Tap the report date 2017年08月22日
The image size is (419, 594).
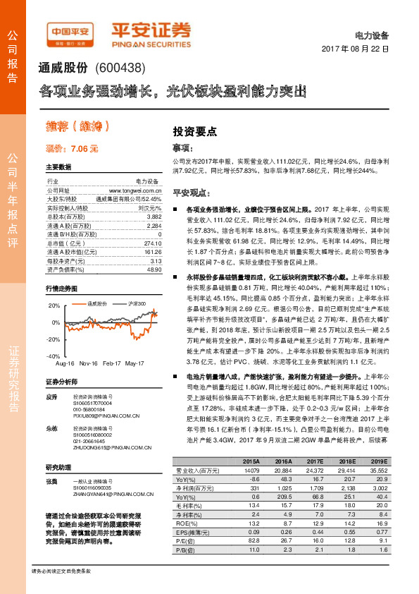coord(356,49)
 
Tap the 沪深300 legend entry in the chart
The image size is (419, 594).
coord(137,303)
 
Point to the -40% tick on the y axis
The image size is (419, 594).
coord(54,356)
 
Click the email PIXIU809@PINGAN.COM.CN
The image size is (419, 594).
coord(101,417)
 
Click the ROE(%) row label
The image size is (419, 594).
coord(185,523)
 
